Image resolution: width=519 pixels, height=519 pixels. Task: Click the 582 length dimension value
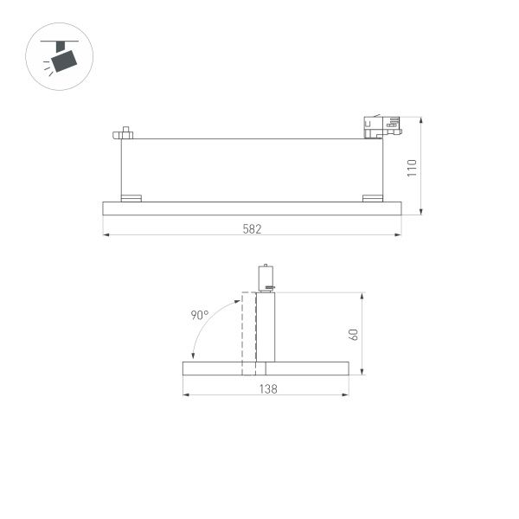tap(252, 228)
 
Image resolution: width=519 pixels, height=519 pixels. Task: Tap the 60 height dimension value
tap(353, 334)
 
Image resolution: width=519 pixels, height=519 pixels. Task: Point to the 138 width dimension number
tap(268, 389)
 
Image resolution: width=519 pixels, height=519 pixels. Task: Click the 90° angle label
tap(199, 316)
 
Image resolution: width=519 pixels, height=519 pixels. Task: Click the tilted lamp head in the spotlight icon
tap(64, 60)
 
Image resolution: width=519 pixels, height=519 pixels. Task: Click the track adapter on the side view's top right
tap(381, 128)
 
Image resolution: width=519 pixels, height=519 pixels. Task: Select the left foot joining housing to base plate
tap(131, 198)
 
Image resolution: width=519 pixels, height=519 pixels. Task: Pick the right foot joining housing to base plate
tap(372, 198)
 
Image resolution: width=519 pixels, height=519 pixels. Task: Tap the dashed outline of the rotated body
tap(248, 333)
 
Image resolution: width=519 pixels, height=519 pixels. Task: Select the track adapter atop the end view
tap(267, 277)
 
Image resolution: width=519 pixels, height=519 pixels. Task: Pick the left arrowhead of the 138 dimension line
tap(186, 395)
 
